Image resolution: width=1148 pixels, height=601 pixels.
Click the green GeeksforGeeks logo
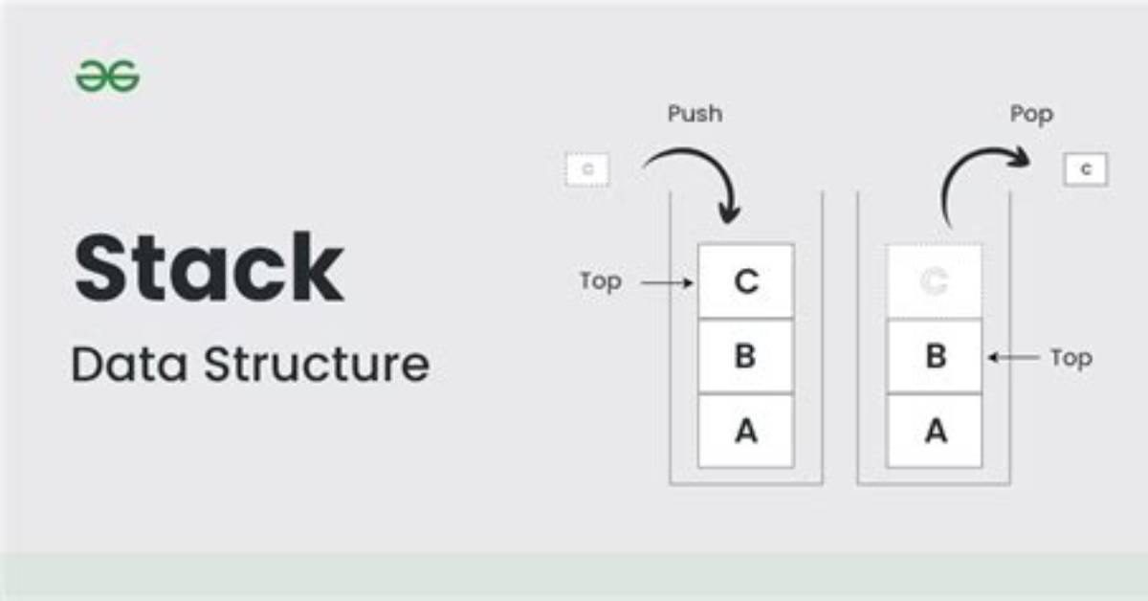(x=107, y=76)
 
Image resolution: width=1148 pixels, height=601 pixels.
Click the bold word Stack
(x=210, y=267)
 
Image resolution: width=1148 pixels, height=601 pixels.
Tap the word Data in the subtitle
(x=129, y=364)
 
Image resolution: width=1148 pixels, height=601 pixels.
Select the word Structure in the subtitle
(x=317, y=364)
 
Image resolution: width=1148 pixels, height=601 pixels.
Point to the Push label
(x=695, y=113)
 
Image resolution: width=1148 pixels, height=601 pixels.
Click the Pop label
(x=1031, y=114)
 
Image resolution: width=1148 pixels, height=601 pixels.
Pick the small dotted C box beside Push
(x=587, y=169)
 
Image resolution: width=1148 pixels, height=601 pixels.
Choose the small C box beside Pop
(x=1086, y=169)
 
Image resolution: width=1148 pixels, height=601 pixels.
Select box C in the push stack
(x=746, y=281)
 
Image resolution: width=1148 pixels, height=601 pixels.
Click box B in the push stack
(x=746, y=356)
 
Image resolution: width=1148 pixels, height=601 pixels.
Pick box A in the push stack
(x=746, y=431)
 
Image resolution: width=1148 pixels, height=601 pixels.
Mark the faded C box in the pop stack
(x=935, y=281)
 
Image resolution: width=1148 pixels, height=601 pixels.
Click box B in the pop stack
(x=935, y=356)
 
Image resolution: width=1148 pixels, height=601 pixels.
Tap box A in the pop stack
(x=935, y=431)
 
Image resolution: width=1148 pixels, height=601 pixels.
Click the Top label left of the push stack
(x=600, y=281)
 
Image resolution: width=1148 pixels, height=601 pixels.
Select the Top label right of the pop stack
(x=1071, y=359)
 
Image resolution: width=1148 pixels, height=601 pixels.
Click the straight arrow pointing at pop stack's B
(x=1013, y=357)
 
